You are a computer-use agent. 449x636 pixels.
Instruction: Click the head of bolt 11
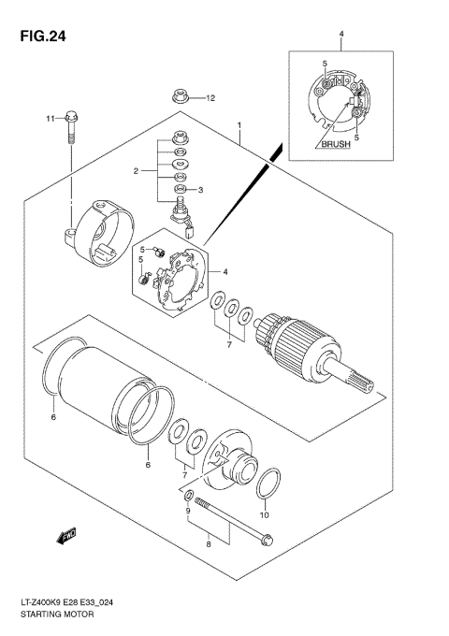(x=72, y=118)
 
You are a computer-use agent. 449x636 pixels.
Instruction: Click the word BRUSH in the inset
(x=335, y=145)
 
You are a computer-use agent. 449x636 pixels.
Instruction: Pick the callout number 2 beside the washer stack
(x=136, y=171)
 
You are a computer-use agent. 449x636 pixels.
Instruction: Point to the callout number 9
(x=188, y=510)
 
